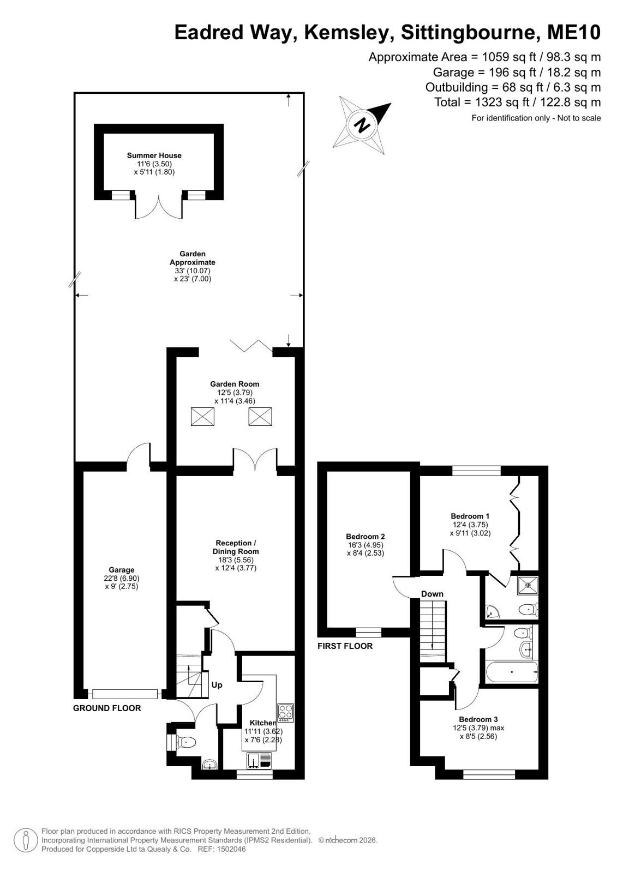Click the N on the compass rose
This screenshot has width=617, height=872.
tap(362, 125)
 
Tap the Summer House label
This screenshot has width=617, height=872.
tap(154, 155)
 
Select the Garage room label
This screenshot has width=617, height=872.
tap(122, 570)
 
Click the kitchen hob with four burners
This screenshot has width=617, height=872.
tap(285, 712)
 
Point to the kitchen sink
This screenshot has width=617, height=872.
tap(260, 760)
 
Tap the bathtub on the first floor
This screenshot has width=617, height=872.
tap(512, 671)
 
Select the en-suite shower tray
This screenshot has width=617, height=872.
tap(528, 585)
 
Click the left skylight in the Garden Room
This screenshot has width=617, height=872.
tap(202, 416)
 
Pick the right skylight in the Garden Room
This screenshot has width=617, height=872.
tap(260, 416)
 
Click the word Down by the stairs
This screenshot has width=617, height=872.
tap(432, 594)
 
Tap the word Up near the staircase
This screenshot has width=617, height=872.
tap(217, 685)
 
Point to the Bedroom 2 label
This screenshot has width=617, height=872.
tap(366, 537)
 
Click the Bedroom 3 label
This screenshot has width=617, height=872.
tap(478, 719)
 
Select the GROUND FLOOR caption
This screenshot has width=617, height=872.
tap(107, 708)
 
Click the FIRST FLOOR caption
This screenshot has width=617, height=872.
tap(345, 646)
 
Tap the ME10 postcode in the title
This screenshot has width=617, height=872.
tap(574, 32)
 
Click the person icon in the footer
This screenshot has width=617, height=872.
tap(26, 840)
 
